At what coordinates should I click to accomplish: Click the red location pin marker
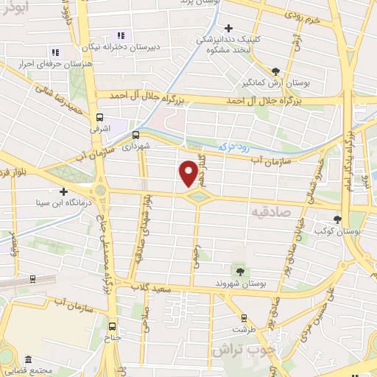point(188,174)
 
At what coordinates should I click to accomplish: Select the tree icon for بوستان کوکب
point(338,219)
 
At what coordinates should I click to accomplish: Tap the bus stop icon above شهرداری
point(135,135)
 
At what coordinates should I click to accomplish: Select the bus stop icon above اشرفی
point(99,116)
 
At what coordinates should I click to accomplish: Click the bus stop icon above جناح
point(112,325)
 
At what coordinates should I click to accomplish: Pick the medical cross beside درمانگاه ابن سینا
point(63,191)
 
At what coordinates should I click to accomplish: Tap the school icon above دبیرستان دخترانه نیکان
point(121,35)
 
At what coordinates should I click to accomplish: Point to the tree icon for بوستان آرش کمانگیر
point(275,71)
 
